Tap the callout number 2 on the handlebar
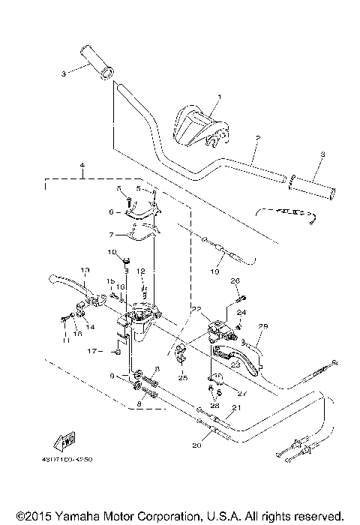pyautogui.click(x=256, y=139)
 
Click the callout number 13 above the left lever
pyautogui.click(x=85, y=269)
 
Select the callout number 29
pyautogui.click(x=263, y=325)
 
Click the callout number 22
pyautogui.click(x=196, y=308)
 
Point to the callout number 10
pyautogui.click(x=112, y=252)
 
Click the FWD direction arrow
pyautogui.click(x=65, y=440)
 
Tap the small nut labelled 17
pyautogui.click(x=118, y=350)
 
